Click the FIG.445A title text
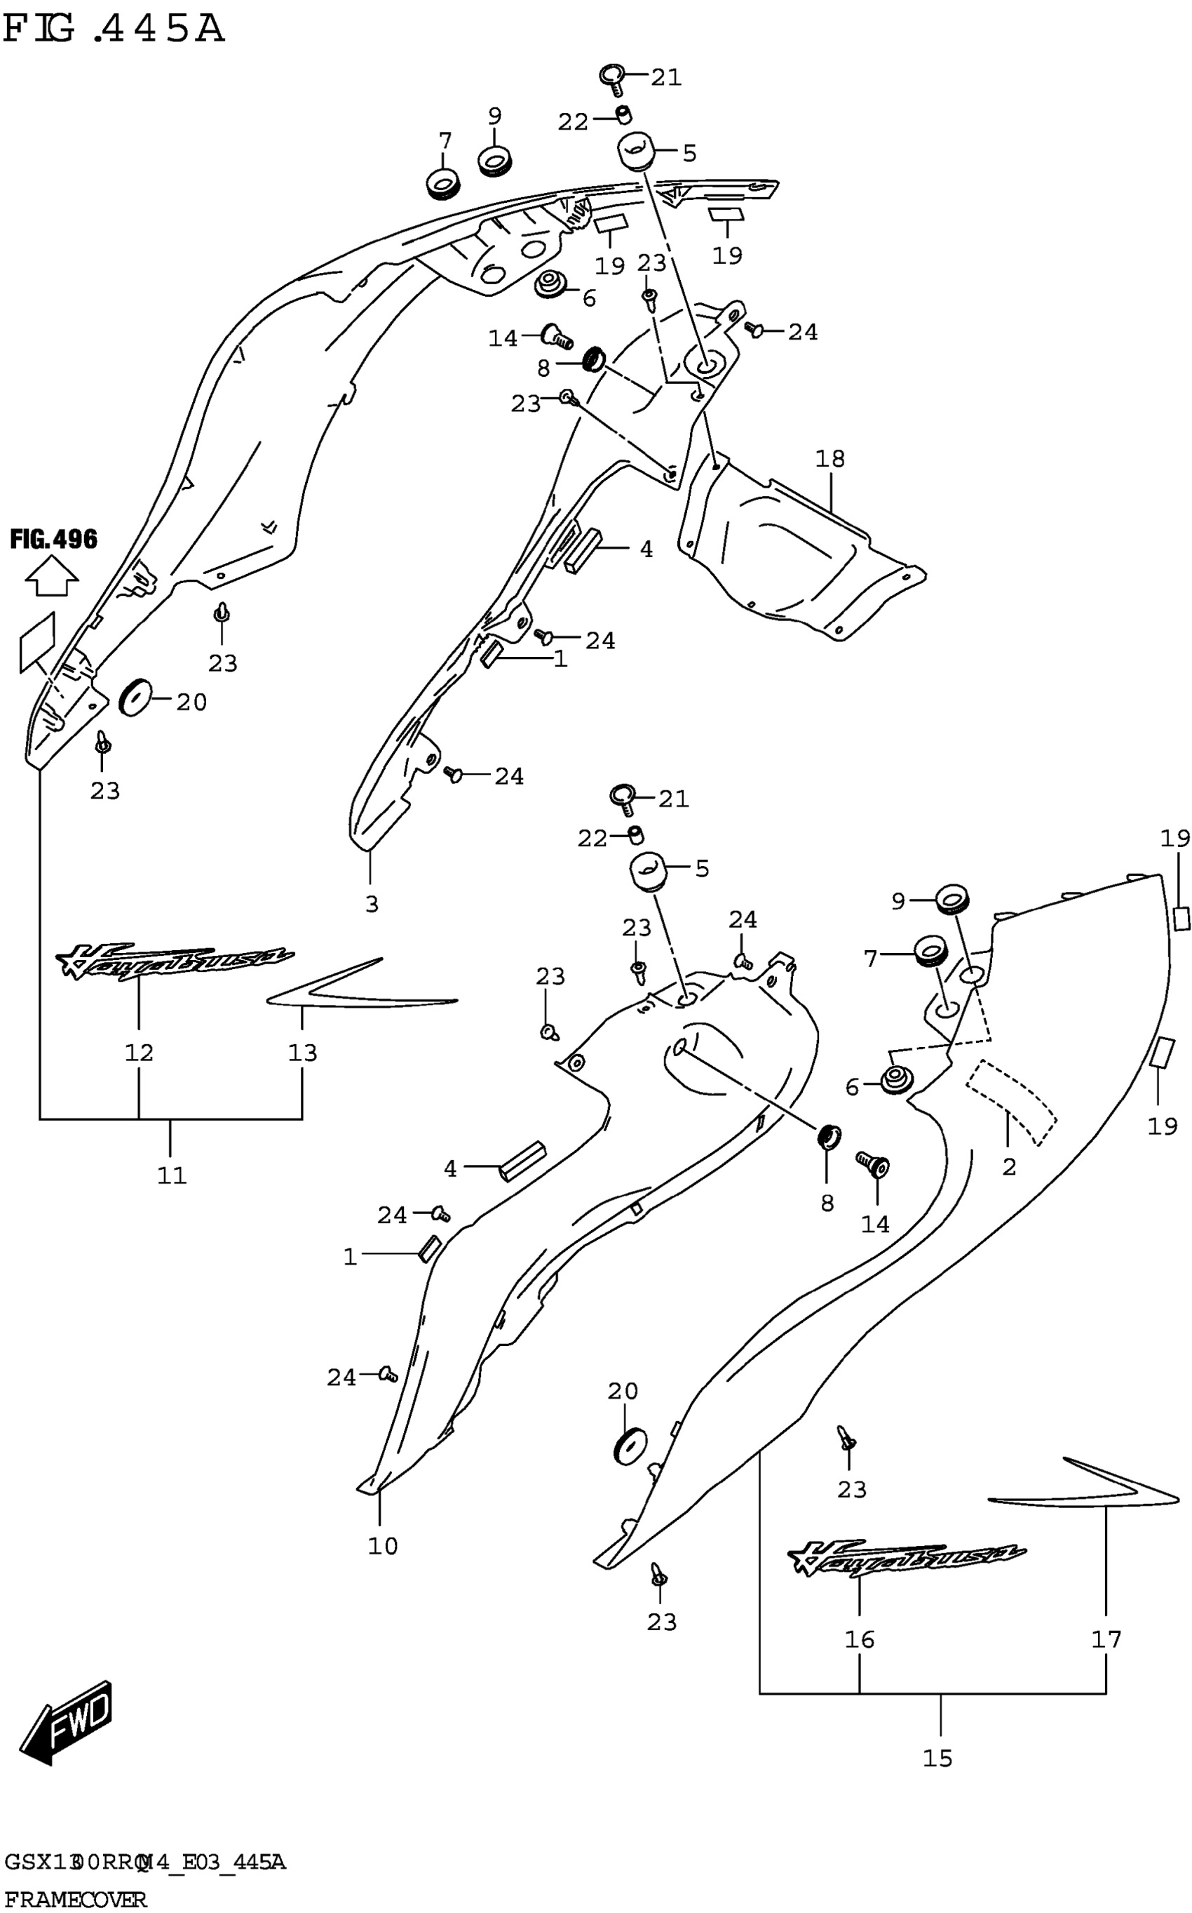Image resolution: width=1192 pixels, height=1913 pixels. [114, 29]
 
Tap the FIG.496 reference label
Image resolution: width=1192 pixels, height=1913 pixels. [53, 540]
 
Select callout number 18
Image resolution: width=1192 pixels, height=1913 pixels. [830, 458]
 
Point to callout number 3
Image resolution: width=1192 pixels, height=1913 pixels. [372, 903]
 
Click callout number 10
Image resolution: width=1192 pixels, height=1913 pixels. [383, 1545]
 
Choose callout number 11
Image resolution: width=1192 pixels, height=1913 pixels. [172, 1175]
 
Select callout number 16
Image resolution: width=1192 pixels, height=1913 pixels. [860, 1639]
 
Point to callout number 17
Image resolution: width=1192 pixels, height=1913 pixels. [1106, 1639]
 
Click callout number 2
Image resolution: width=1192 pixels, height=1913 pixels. [1009, 1167]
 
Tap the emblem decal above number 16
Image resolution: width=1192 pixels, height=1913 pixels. [907, 1558]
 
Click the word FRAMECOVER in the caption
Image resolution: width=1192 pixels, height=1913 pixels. [75, 1898]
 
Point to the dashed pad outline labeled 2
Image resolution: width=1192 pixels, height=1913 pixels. [1013, 1100]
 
